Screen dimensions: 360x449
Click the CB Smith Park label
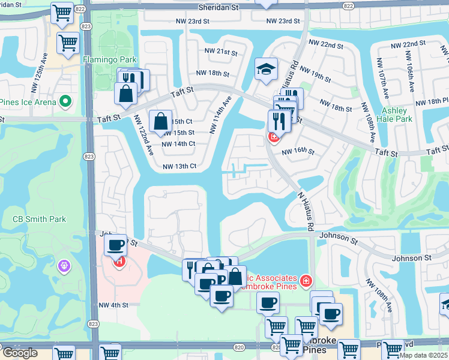pos(40,219)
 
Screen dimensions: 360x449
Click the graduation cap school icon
pos(265,69)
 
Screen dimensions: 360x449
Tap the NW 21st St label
pos(221,52)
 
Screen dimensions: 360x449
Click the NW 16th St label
pos(298,152)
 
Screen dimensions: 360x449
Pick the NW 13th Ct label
pos(179,166)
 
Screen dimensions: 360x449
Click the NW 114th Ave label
pos(220,115)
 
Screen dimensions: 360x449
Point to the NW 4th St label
pos(113,305)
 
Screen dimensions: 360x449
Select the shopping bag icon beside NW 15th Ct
pos(161,121)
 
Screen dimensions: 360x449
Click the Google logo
pos(20,353)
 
